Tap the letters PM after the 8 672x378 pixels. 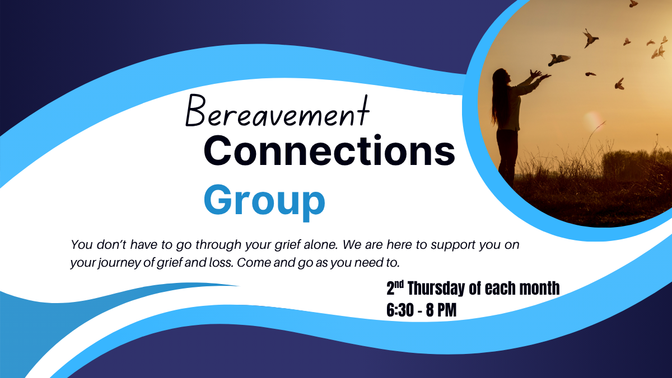point(446,310)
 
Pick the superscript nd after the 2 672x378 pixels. point(400,283)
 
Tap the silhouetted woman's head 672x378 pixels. point(502,77)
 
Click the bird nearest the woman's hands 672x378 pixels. point(559,59)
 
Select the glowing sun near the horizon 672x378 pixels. point(591,120)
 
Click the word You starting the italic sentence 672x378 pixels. point(82,245)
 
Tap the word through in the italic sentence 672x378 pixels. point(218,245)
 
